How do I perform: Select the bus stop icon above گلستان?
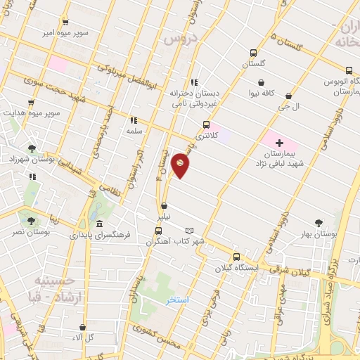[x=253, y=53]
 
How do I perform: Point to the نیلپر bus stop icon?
[x=164, y=207]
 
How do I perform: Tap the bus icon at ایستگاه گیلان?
[x=236, y=257]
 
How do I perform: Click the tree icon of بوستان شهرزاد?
[x=32, y=148]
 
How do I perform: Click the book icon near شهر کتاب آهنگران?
[x=188, y=231]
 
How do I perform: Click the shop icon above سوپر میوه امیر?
[x=65, y=22]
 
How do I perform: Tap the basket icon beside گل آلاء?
[x=83, y=328]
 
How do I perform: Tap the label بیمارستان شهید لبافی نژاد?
[x=279, y=158]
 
